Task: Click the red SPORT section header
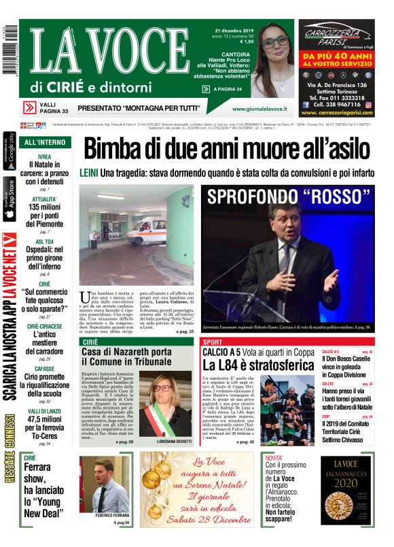[x=213, y=342]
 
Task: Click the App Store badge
[x=10, y=197]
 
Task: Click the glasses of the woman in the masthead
[x=275, y=42]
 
